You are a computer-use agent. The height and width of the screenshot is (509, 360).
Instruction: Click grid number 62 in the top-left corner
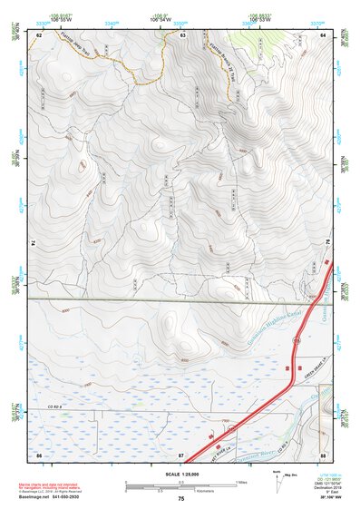[39, 34]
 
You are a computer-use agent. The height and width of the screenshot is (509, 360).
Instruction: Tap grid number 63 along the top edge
[182, 34]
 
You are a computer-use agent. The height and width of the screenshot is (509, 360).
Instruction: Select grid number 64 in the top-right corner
[324, 34]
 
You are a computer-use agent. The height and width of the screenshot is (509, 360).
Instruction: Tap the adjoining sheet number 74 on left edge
[34, 243]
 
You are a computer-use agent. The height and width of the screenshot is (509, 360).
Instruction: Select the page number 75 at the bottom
[181, 499]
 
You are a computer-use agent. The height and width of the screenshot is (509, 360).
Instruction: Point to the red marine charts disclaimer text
[61, 485]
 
